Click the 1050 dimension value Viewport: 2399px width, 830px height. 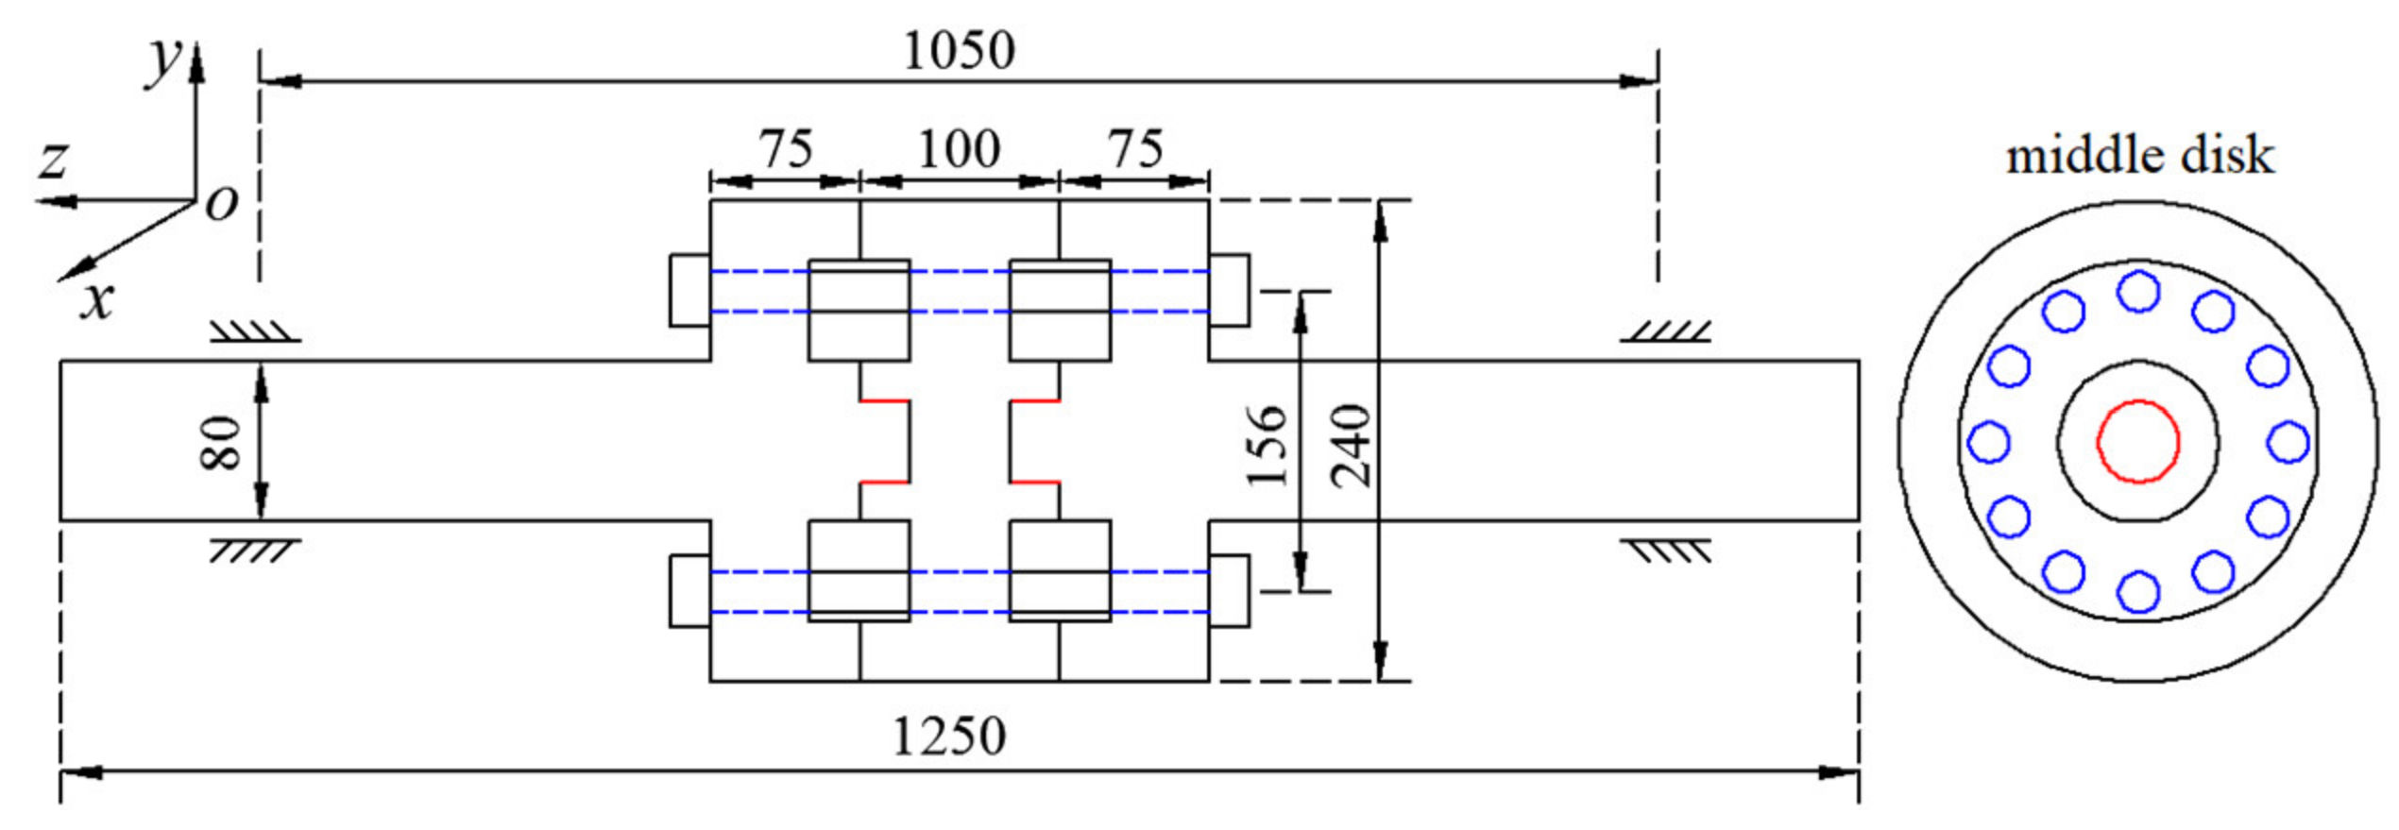959,50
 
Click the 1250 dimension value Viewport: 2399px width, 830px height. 949,737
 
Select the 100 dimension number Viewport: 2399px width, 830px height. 959,149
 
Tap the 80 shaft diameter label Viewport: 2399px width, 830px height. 221,442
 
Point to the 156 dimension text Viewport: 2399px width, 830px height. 1267,445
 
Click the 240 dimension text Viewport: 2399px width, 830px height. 1350,445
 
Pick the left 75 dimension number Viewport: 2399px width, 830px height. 786,149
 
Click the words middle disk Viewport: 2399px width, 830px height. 2139,155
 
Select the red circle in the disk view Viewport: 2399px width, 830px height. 2138,441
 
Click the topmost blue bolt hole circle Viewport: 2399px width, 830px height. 2138,291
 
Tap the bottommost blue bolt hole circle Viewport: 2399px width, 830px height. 2138,592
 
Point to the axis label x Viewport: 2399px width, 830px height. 96,300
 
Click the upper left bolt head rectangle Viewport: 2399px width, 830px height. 689,291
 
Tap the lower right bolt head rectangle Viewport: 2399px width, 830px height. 1229,590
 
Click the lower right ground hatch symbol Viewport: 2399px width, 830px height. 1667,551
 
